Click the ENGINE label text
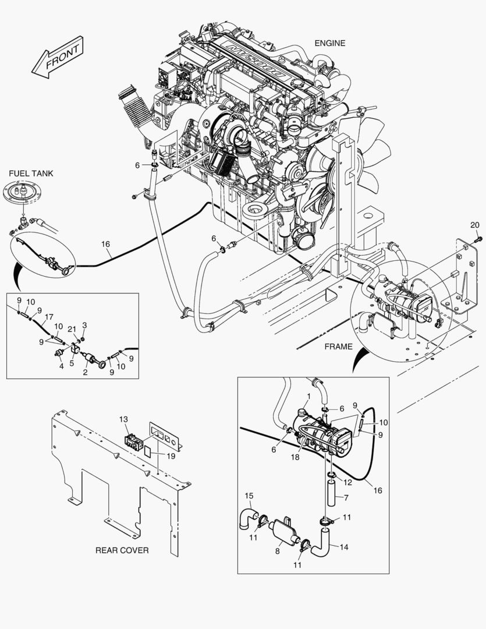click(x=329, y=43)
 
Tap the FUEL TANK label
click(x=31, y=173)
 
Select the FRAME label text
click(x=338, y=347)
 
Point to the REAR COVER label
click(x=122, y=550)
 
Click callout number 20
click(x=474, y=225)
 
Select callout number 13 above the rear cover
click(x=123, y=420)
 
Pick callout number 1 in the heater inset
click(x=308, y=397)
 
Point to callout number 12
click(x=348, y=482)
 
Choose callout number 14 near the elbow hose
click(x=345, y=547)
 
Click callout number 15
click(x=249, y=496)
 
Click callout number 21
click(x=72, y=329)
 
